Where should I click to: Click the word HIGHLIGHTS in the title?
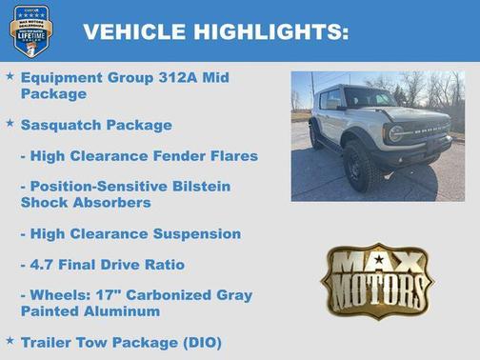click(x=271, y=31)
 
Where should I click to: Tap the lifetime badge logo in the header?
click(x=31, y=30)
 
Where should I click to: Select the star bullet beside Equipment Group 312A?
click(x=10, y=75)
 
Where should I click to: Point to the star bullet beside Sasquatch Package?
click(x=10, y=123)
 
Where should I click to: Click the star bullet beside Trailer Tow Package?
click(x=10, y=339)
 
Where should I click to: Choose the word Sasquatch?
click(x=61, y=125)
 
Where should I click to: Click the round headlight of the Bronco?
click(x=395, y=134)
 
